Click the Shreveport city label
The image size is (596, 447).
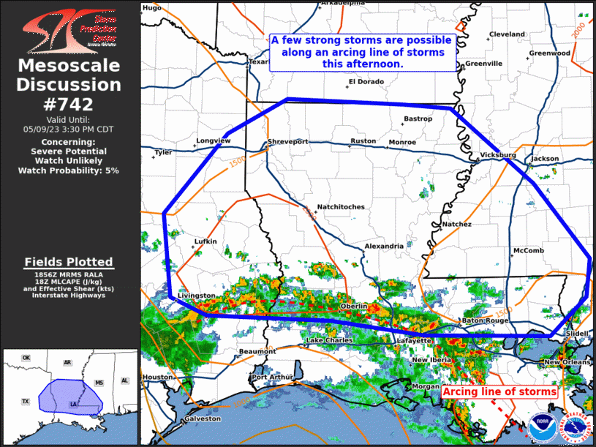coord(287,141)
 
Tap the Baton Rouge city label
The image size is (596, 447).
coord(484,321)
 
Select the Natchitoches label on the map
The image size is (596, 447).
coord(340,207)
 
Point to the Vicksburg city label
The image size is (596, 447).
coord(498,156)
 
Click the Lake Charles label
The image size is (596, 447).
coord(328,341)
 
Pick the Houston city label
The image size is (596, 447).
coord(156,377)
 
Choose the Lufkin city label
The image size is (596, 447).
coord(205,241)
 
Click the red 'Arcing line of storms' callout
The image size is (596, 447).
coord(499,392)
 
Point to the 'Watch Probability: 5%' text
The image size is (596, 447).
coord(69,170)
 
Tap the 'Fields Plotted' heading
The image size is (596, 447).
coord(69,262)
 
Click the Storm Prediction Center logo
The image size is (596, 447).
coord(69,29)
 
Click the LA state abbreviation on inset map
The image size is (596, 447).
coord(72,403)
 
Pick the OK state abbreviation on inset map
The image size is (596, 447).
coord(26,358)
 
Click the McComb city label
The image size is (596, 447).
coord(528,251)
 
